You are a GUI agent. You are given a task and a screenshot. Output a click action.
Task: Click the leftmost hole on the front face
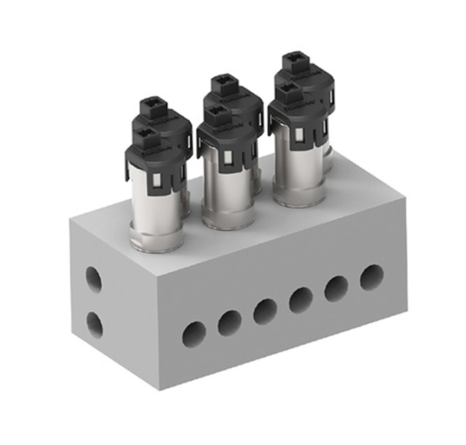click(194, 333)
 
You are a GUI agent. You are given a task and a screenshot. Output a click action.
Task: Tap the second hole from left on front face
click(230, 323)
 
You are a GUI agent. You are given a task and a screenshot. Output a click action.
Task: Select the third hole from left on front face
click(265, 311)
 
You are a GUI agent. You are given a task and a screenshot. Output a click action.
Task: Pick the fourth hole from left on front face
click(301, 300)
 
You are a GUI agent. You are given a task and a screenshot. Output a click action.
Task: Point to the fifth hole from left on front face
click(337, 288)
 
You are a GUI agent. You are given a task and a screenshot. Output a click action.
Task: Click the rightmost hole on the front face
click(372, 277)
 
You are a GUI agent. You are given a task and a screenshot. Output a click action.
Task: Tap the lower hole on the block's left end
click(94, 325)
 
